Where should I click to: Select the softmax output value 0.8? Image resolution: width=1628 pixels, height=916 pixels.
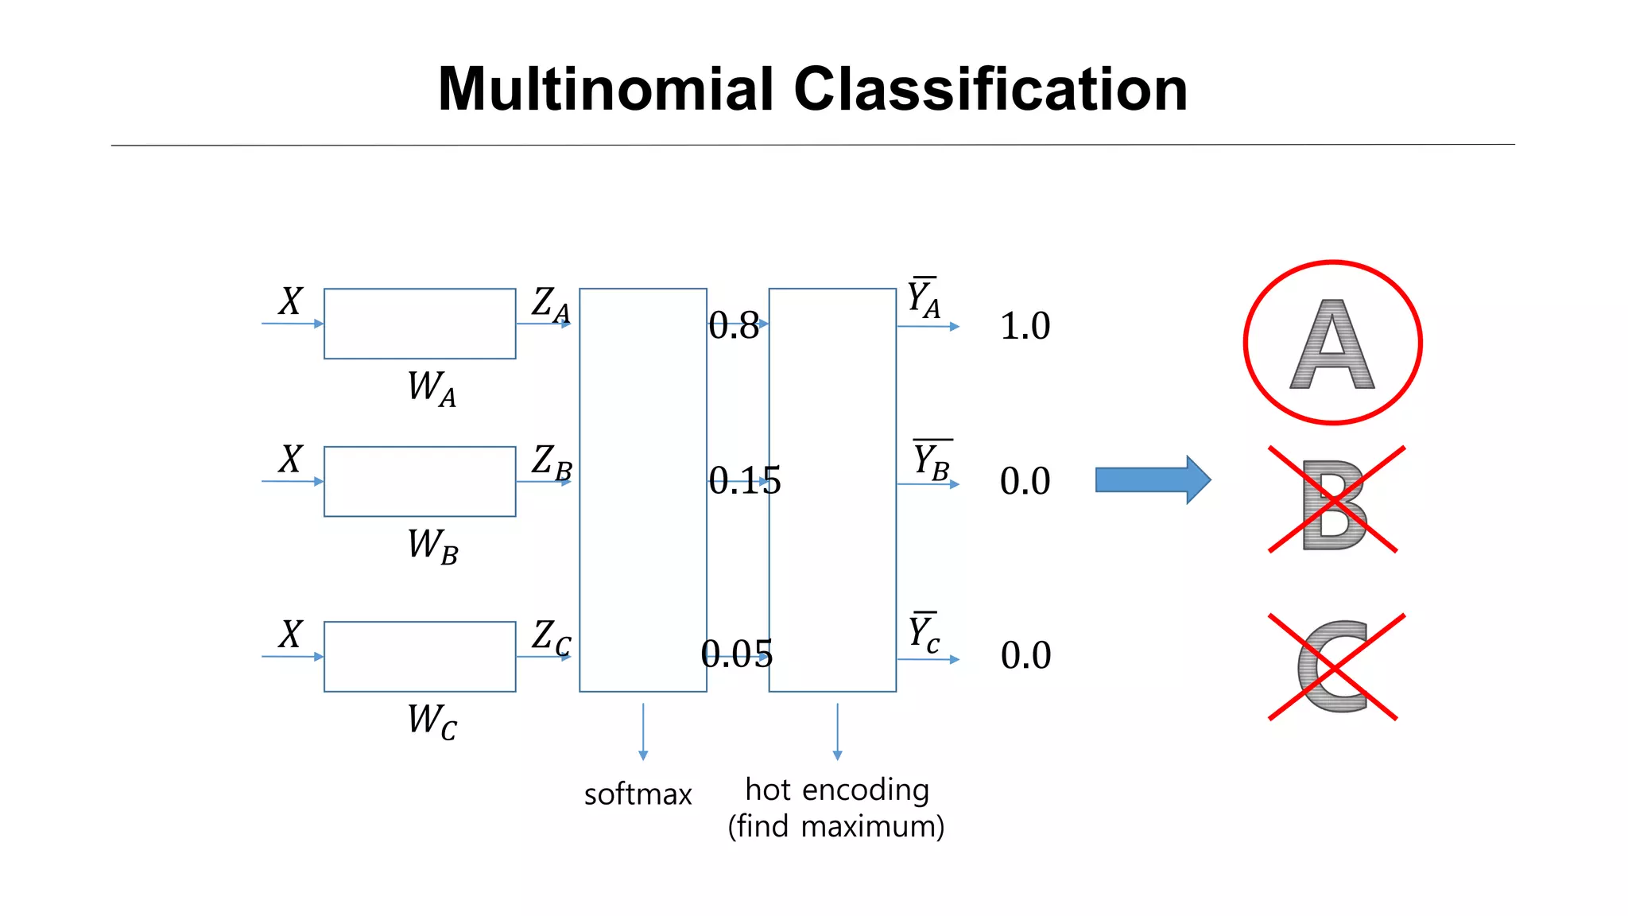[734, 325]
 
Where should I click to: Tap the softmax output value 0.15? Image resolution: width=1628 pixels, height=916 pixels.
[745, 480]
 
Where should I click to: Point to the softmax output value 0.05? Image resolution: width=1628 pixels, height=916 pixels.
[737, 654]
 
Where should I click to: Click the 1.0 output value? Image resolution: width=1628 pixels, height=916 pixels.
[1025, 326]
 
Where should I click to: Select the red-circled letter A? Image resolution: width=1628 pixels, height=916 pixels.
[1332, 343]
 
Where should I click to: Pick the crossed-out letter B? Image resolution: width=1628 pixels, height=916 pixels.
[1334, 505]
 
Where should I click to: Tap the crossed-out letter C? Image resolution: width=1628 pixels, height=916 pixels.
[1333, 666]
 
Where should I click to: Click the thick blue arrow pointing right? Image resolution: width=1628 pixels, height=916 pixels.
[1153, 479]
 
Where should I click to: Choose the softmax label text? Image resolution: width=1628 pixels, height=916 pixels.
[638, 794]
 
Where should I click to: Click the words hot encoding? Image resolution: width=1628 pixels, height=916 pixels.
[837, 790]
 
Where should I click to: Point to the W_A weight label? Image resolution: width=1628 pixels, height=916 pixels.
[432, 388]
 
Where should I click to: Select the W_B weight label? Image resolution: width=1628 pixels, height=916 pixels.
[432, 546]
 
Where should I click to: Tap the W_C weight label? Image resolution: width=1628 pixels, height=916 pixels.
[432, 721]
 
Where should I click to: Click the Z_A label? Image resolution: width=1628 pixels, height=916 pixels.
[551, 305]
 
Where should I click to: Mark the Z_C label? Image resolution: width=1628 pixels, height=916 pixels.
[551, 638]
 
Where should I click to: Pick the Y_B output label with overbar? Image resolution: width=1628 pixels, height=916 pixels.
[932, 460]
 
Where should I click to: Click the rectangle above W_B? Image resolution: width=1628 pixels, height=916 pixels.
[420, 481]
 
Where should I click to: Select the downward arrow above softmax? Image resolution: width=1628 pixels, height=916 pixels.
[643, 732]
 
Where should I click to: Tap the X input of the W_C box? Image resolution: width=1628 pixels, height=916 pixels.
[291, 635]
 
